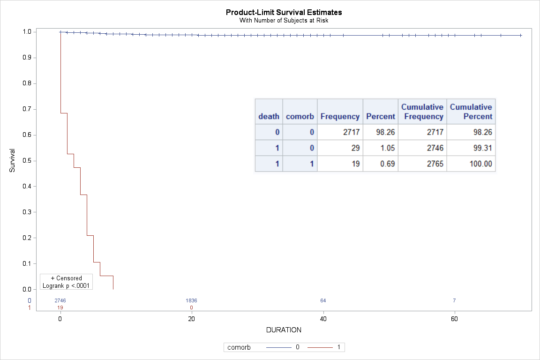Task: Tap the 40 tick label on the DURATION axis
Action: point(323,319)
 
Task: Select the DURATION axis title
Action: point(284,330)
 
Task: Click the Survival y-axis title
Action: point(13,161)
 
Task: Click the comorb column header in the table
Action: point(300,117)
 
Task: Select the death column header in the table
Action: point(269,117)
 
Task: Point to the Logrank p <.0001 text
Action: point(66,285)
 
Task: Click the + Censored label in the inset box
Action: point(66,278)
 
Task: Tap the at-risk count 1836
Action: point(191,300)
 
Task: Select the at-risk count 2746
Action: point(60,300)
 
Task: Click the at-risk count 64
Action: point(323,300)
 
